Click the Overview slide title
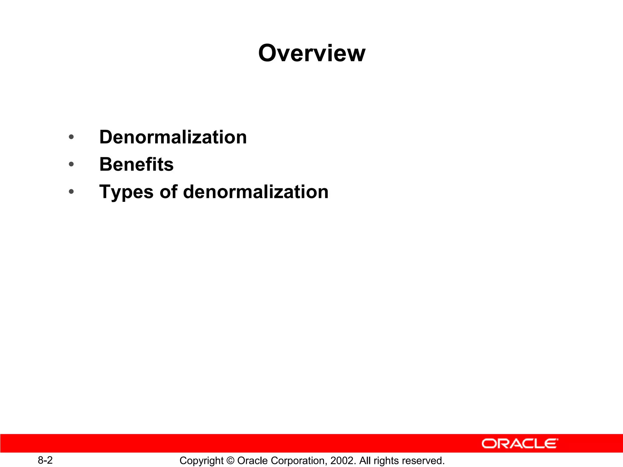311,53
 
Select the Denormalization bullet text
173,137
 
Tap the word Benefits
136,164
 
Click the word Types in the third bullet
126,192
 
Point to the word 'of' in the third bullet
168,192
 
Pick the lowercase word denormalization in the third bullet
256,192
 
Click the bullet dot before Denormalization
71,137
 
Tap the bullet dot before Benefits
71,164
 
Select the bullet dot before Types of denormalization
71,192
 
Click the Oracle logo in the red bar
520,444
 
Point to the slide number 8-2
45,460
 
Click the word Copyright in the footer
201,461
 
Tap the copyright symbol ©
230,460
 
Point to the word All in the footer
365,460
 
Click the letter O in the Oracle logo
489,444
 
